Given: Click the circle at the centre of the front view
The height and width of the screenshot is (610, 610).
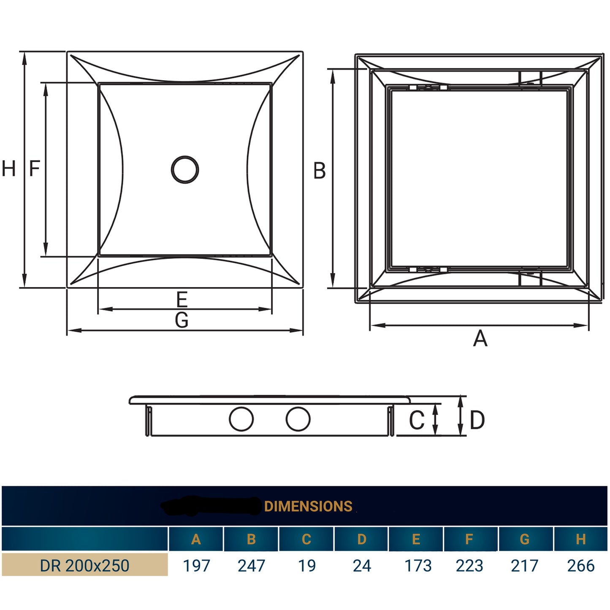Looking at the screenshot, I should tap(185, 170).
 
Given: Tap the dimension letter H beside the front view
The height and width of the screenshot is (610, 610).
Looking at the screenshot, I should tap(9, 169).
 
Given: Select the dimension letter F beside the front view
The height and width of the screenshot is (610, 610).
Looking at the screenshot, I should tap(35, 168).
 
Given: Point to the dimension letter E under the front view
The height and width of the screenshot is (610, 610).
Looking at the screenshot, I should tap(182, 299).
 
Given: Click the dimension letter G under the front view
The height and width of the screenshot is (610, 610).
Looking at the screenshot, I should tap(182, 320).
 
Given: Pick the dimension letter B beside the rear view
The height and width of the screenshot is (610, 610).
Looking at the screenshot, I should tap(320, 171).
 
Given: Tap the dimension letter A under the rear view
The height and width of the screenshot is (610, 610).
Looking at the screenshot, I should tap(480, 339).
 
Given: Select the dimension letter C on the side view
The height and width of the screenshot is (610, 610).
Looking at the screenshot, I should tap(417, 420).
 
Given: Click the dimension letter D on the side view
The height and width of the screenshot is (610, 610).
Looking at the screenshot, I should tap(477, 420).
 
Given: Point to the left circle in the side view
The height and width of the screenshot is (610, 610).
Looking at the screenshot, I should tap(241, 419).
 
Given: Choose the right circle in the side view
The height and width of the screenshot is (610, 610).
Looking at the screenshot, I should tap(298, 419).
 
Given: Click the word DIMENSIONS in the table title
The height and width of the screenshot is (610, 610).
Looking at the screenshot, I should tap(308, 506).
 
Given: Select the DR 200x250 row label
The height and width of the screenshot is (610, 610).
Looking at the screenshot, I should tap(84, 566).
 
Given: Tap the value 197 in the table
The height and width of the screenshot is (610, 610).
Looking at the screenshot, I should tap(196, 566).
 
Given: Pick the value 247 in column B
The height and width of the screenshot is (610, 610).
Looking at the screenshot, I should tap(251, 566).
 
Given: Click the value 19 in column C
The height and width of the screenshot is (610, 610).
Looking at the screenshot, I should tap(306, 566).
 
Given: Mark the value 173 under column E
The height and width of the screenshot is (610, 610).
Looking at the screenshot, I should tap(418, 566).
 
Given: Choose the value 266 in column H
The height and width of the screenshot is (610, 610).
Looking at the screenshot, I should tap(581, 566).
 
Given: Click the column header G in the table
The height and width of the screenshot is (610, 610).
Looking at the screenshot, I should tap(524, 539).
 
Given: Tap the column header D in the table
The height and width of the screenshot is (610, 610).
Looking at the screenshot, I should tap(362, 539).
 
